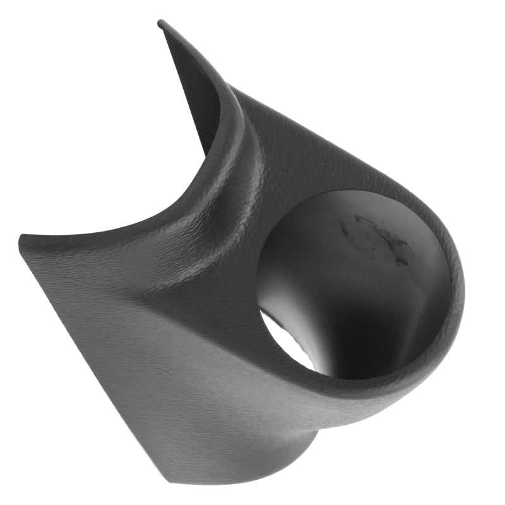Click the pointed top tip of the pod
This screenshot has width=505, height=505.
tap(161, 23)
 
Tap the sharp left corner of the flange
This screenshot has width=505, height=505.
tap(21, 237)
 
